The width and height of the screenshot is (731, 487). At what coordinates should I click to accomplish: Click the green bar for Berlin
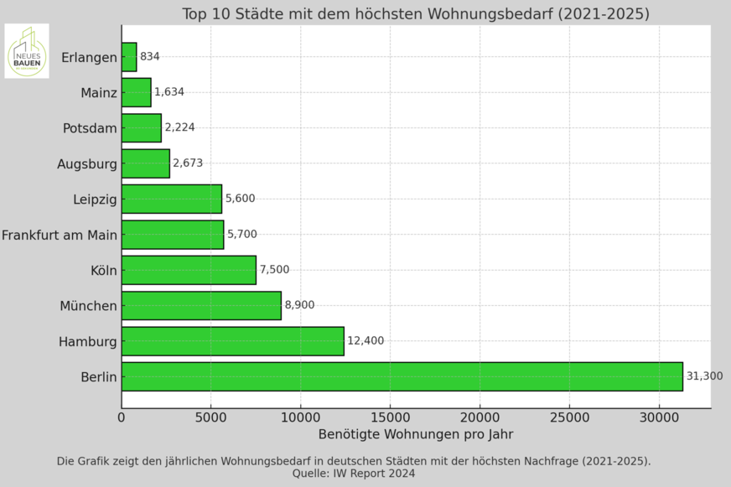tap(402, 376)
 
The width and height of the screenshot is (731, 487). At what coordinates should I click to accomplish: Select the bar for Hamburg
tap(232, 341)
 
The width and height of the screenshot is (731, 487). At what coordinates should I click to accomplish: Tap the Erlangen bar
tap(129, 57)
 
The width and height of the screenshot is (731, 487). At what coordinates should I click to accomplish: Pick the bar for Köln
tap(189, 270)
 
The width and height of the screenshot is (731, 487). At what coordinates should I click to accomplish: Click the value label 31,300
tap(704, 376)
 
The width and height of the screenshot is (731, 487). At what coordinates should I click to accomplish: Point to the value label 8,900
tap(299, 305)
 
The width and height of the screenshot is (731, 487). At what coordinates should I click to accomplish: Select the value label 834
tap(150, 57)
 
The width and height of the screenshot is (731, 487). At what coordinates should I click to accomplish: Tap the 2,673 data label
tap(188, 163)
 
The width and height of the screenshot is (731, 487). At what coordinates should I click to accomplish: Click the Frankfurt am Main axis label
tap(60, 235)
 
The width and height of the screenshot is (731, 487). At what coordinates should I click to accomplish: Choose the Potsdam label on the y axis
tap(90, 128)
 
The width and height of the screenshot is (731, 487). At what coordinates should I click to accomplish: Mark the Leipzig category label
tap(95, 199)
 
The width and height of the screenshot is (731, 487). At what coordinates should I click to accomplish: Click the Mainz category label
tap(99, 92)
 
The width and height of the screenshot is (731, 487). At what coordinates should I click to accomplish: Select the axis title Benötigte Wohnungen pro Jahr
tap(416, 434)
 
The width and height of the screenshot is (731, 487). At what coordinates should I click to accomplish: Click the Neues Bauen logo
tap(27, 51)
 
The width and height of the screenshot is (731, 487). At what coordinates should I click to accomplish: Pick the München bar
tap(201, 305)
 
